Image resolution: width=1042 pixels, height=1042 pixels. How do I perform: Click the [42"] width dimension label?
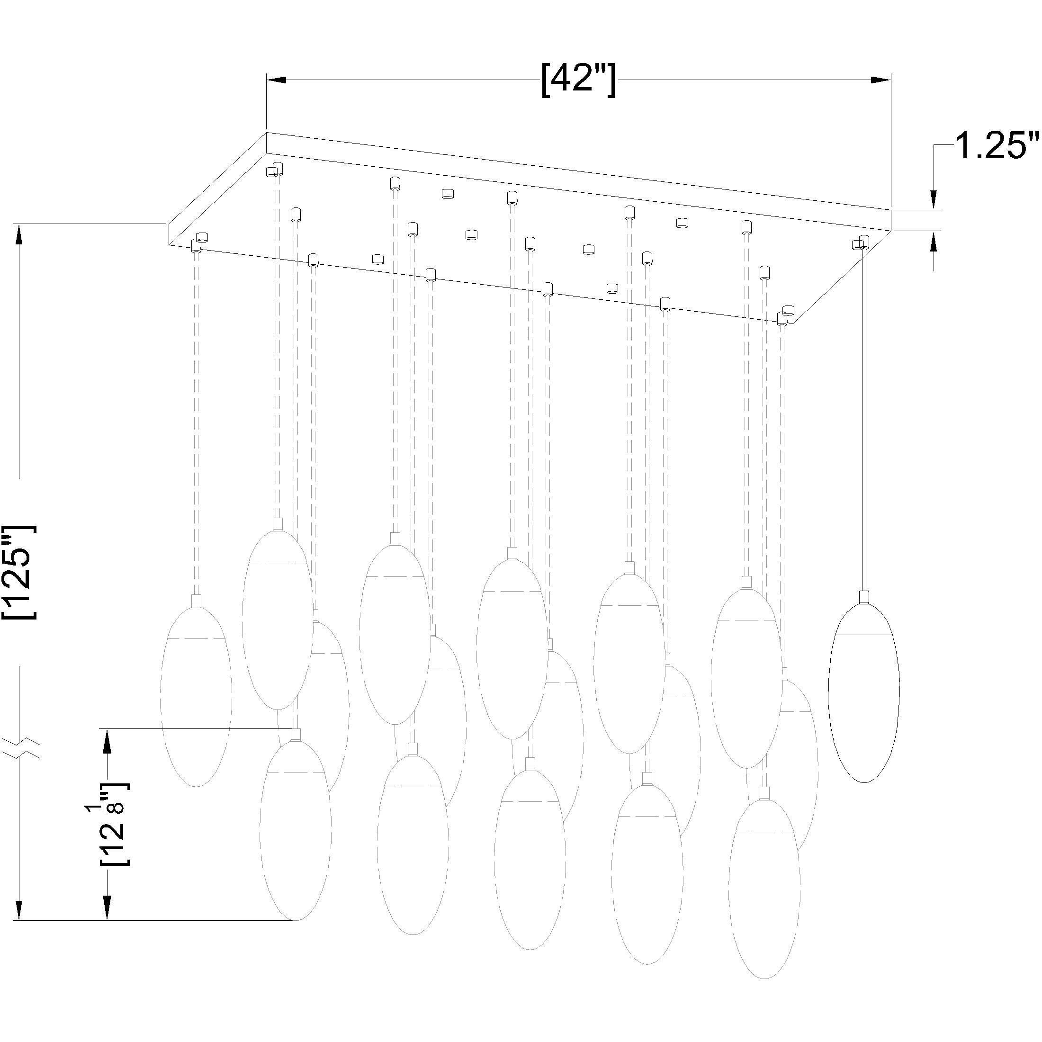coord(578,81)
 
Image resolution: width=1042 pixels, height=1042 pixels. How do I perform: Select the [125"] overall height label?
coord(20,572)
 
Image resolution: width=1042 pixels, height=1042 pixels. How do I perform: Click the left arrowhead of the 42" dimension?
coord(276,81)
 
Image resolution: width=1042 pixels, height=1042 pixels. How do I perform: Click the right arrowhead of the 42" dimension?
coord(880,81)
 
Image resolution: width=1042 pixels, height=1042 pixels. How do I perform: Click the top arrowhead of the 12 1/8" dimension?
coord(108,739)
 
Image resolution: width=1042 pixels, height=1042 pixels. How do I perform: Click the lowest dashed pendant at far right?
coord(764,890)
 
